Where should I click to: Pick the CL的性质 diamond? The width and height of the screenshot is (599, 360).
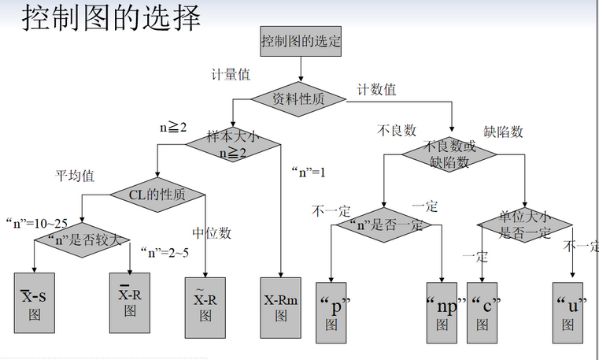pyautogui.click(x=157, y=195)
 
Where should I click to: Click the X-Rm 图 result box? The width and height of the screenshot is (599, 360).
pyautogui.click(x=281, y=307)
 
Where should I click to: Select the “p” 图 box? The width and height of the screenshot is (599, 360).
pyautogui.click(x=331, y=312)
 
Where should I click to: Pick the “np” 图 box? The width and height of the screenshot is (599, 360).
pyautogui.click(x=443, y=312)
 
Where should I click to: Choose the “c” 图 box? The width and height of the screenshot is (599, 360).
pyautogui.click(x=483, y=312)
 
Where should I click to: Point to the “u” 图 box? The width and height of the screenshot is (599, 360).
pyautogui.click(x=568, y=312)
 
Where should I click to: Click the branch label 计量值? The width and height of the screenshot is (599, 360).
pyautogui.click(x=231, y=75)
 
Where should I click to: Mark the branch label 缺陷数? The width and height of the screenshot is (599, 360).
pyautogui.click(x=504, y=132)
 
